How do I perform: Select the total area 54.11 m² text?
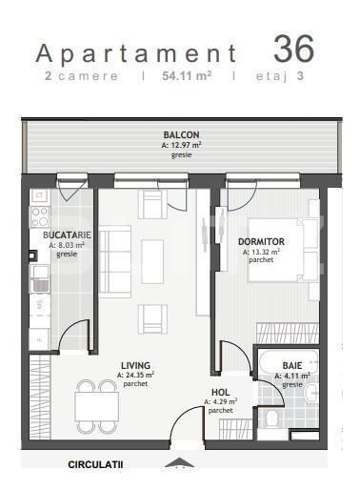click(x=184, y=75)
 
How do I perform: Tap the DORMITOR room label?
click(x=261, y=241)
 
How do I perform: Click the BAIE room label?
click(x=292, y=366)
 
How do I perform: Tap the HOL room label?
click(x=220, y=392)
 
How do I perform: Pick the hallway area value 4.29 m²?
click(x=220, y=401)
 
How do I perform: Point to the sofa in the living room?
click(x=115, y=262)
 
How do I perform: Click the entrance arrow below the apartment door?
click(x=177, y=465)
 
